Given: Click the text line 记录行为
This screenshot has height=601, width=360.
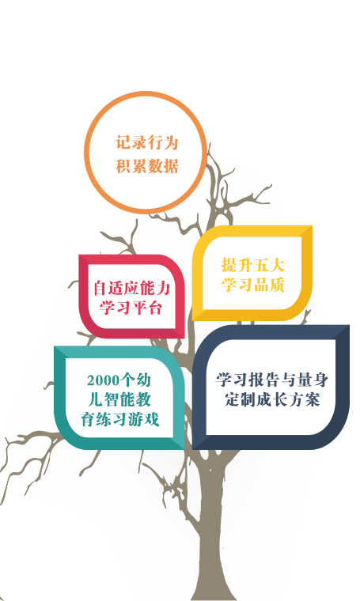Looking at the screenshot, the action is click(x=147, y=142).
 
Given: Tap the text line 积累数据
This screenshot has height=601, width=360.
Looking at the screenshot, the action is click(x=147, y=166).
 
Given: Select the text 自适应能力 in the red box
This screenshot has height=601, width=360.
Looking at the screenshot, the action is click(x=132, y=288).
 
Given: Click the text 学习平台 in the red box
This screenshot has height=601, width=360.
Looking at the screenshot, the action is click(x=131, y=308).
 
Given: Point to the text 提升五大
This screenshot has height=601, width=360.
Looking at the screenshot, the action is click(x=252, y=265).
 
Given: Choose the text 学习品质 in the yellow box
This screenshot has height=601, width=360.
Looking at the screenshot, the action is click(x=252, y=285).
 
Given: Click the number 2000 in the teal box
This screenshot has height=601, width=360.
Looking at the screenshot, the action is click(x=103, y=380).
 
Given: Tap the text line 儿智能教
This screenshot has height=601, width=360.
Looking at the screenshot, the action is click(x=119, y=400).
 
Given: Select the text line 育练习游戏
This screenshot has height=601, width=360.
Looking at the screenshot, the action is click(x=119, y=419).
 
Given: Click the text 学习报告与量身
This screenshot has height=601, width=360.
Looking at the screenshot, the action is click(x=272, y=380).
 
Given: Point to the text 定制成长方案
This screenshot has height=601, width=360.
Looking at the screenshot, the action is click(x=272, y=399).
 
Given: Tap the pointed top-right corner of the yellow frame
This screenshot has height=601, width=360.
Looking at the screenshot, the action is click(x=312, y=226).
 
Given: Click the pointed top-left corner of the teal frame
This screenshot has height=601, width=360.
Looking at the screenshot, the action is click(x=55, y=346).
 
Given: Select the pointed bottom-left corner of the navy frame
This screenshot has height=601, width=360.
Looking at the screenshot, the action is click(x=193, y=449).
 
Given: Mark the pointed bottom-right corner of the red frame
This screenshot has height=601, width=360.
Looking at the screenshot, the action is click(x=184, y=338).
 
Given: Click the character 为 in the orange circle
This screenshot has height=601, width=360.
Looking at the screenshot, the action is click(x=172, y=142).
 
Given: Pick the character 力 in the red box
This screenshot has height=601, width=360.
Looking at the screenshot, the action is click(x=163, y=288).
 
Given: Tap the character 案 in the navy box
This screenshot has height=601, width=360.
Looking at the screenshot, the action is click(x=313, y=399).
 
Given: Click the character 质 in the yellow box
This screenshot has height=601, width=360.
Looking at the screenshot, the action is click(x=277, y=285).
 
